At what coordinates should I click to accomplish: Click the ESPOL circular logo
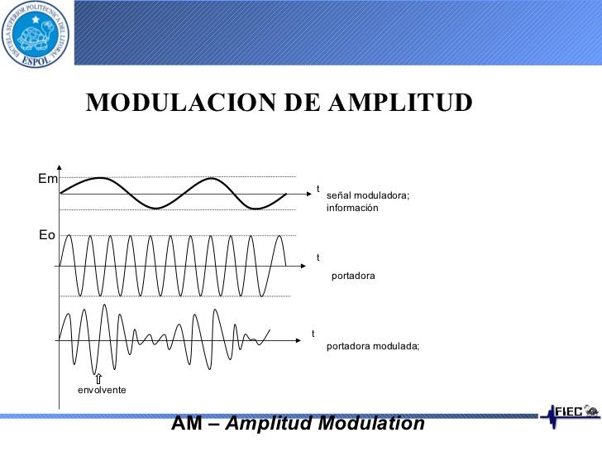tap(35, 34)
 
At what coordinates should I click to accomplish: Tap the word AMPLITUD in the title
tap(400, 103)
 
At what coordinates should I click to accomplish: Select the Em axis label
tap(48, 179)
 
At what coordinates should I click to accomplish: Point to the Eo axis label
tap(47, 235)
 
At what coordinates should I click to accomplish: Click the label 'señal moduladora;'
tap(368, 195)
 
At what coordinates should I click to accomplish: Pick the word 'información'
tap(352, 208)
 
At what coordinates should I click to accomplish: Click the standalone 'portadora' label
tap(353, 276)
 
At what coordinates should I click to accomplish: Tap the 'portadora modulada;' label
tap(373, 346)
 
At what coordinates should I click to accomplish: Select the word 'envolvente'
tap(102, 390)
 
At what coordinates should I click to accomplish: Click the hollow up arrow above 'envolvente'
tap(98, 378)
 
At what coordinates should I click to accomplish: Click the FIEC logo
tap(570, 415)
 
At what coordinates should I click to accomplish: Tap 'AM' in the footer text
tap(187, 423)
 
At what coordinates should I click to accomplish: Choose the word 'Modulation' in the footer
tap(371, 423)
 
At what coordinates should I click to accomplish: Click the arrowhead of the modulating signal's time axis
tap(309, 194)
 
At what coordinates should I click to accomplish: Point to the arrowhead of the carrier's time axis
tap(303, 266)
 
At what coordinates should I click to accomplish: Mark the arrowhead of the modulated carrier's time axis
tap(299, 340)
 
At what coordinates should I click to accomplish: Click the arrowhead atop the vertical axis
tap(60, 167)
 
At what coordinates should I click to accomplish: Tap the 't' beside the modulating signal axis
tap(318, 189)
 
